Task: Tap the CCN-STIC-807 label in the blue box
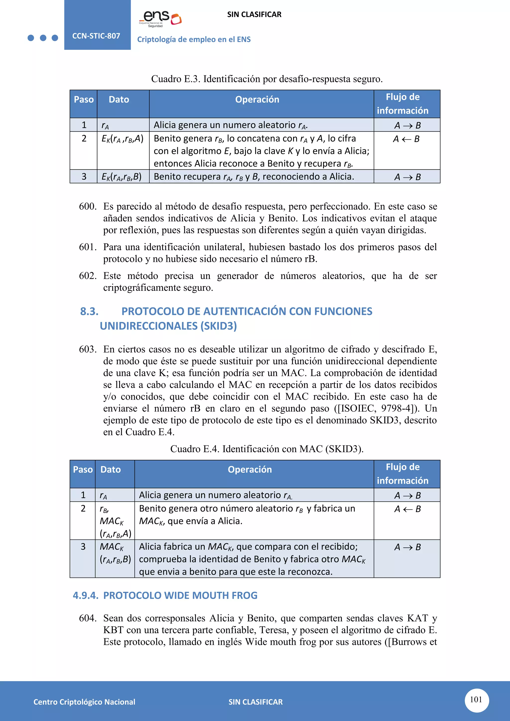pos(96,36)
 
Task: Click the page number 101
pos(476,700)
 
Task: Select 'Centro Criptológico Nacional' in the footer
pos(84,702)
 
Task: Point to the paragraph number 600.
pos(88,206)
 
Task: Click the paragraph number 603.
pos(88,349)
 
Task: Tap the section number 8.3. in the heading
pos(89,311)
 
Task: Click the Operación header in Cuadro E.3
pos(257,100)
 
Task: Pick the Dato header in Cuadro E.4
pos(111,470)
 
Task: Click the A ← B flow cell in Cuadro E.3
pos(406,139)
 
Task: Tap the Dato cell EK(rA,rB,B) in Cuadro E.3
pos(122,177)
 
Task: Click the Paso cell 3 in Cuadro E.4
pos(83,547)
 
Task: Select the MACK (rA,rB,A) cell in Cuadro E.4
pos(115,521)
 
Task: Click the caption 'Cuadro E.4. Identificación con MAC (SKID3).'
pos(267,449)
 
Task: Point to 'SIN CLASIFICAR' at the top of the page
pos(254,14)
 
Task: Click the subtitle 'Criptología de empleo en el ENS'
pos(194,40)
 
